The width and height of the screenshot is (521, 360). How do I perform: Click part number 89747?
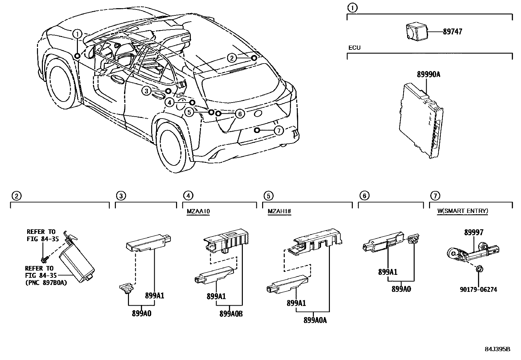click(453, 32)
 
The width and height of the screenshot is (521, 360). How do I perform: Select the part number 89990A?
click(428, 75)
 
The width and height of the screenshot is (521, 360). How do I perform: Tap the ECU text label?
click(354, 48)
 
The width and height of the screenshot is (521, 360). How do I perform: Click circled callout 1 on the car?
click(77, 34)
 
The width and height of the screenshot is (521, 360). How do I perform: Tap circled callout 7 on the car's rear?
click(278, 131)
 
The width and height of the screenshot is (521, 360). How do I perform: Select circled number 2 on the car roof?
click(232, 58)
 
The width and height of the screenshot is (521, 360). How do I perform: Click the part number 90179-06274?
click(478, 290)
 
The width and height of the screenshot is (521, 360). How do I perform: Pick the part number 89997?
click(474, 233)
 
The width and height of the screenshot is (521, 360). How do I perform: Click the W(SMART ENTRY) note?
click(462, 211)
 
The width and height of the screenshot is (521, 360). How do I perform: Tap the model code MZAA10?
click(198, 211)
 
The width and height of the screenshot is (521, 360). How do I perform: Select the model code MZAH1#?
click(279, 211)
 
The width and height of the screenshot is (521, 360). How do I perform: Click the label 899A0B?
click(231, 313)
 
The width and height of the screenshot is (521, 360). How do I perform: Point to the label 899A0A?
click(315, 320)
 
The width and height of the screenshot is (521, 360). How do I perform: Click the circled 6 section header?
click(364, 196)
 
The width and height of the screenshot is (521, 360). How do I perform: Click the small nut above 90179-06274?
click(478, 269)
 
